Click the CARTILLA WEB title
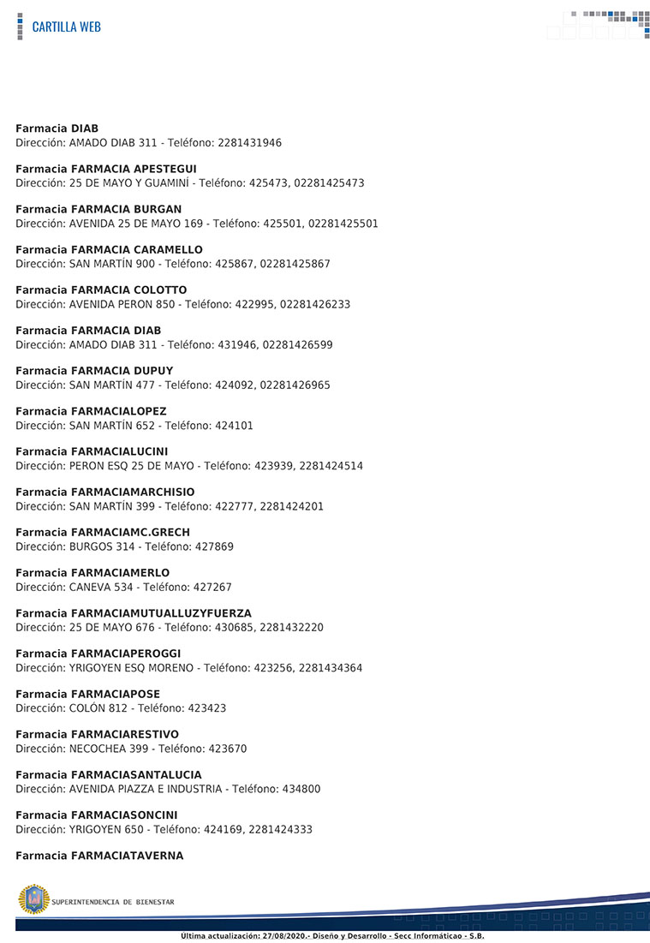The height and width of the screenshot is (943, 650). tap(66, 27)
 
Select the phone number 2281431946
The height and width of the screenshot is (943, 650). tap(250, 143)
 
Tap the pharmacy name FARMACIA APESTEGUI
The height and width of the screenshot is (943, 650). tap(134, 169)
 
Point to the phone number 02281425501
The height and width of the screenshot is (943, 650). tap(342, 224)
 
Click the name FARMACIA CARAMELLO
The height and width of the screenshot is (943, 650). tap(137, 249)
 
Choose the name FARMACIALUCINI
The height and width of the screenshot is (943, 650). tap(120, 451)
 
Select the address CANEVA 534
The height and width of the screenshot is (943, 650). tap(101, 587)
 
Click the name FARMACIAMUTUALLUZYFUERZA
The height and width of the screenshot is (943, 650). tap(161, 612)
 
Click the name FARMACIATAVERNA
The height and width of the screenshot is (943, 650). tap(127, 855)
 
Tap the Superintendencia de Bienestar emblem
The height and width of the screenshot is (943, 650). tap(34, 899)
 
